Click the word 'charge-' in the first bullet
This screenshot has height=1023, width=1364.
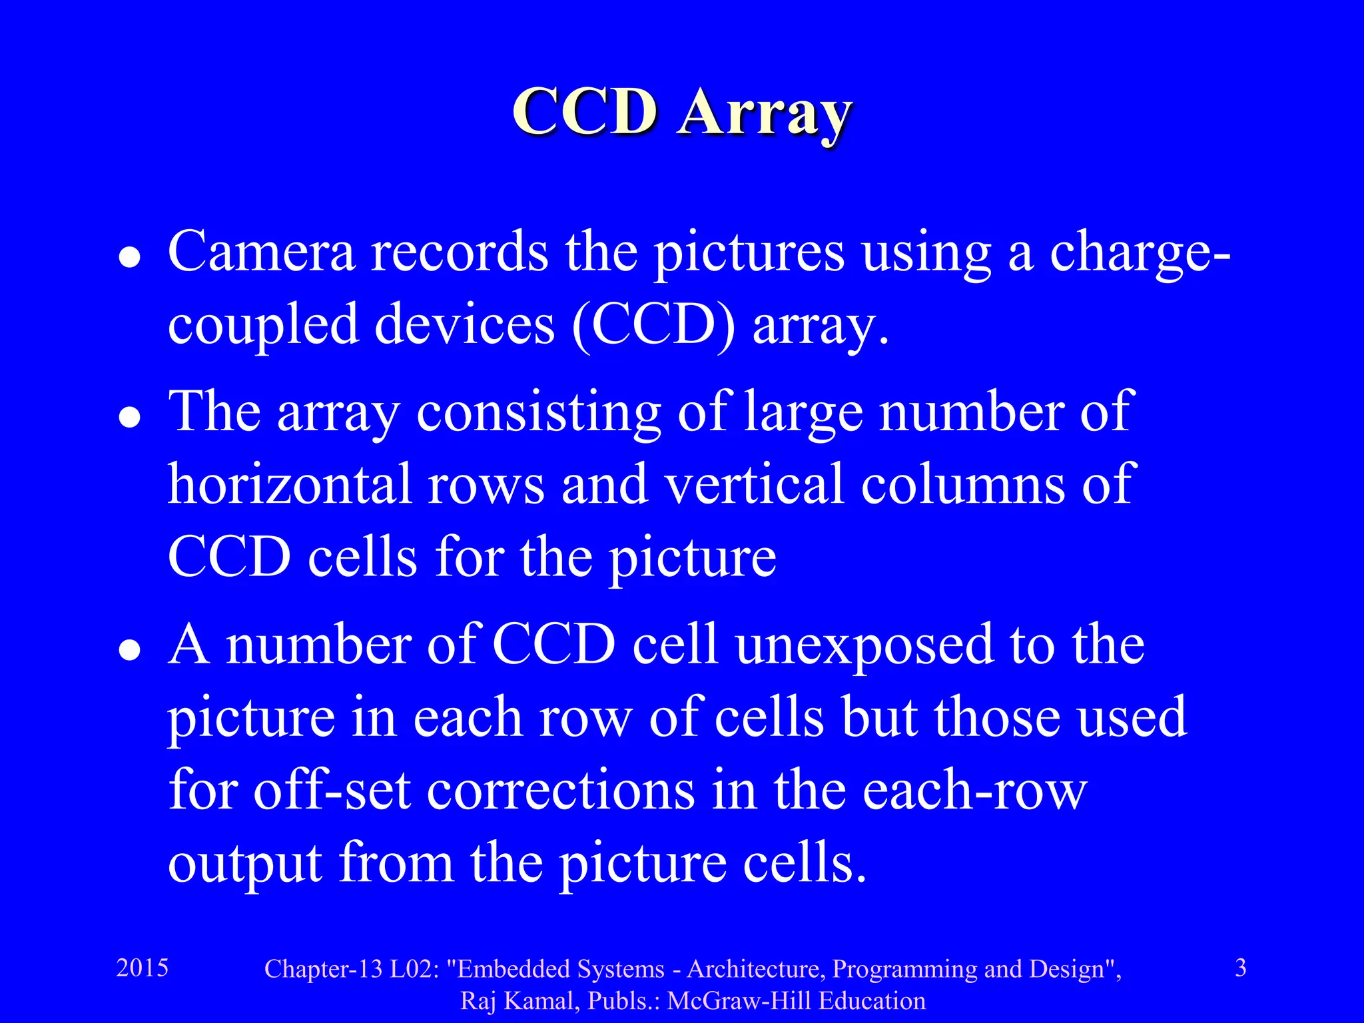click(1140, 253)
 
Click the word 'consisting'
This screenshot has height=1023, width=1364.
click(539, 413)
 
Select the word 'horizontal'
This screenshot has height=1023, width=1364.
click(289, 484)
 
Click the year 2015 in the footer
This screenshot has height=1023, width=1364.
click(142, 968)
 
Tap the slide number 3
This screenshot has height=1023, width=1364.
click(1241, 968)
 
